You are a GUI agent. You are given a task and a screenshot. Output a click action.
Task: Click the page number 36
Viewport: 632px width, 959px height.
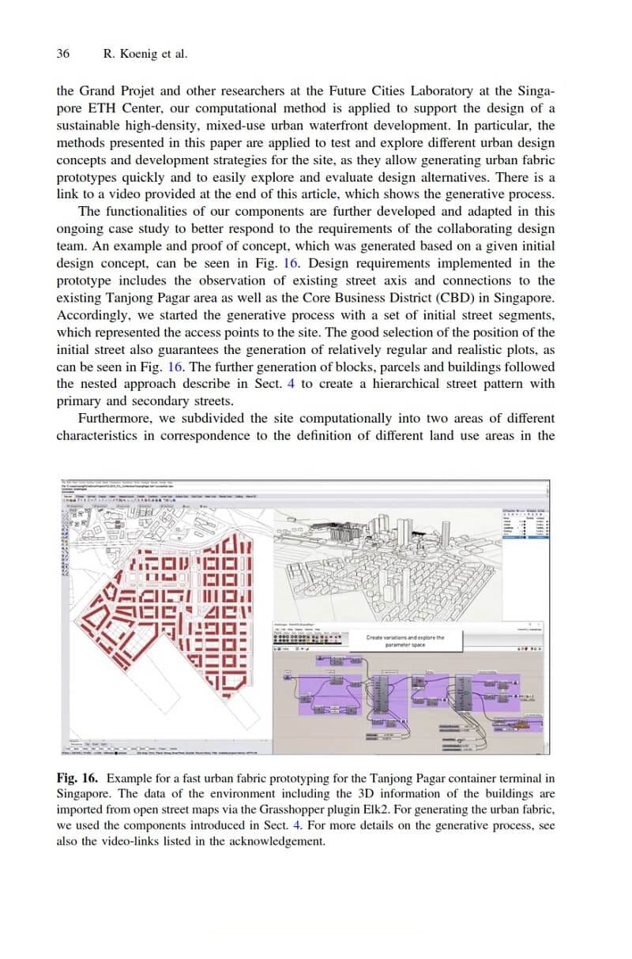click(x=63, y=55)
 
